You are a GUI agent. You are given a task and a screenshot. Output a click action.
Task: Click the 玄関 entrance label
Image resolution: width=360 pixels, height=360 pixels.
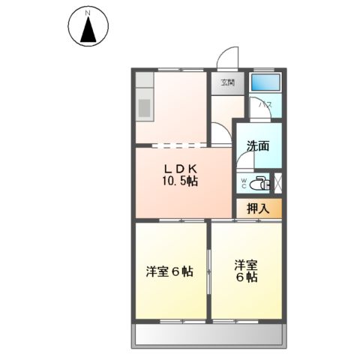(x=227, y=83)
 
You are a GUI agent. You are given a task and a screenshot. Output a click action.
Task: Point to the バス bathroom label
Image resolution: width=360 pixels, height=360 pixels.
(x=265, y=106)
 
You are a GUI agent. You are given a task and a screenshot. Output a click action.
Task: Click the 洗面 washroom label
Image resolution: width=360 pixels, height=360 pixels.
(x=259, y=147)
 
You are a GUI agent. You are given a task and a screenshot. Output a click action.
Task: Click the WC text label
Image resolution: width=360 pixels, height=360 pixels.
(x=243, y=182)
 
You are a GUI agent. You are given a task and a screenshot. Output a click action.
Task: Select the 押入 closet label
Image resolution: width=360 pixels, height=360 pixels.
(x=259, y=208)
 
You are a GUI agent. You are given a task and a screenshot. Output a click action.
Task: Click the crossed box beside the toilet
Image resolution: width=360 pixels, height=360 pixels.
(x=278, y=182)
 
